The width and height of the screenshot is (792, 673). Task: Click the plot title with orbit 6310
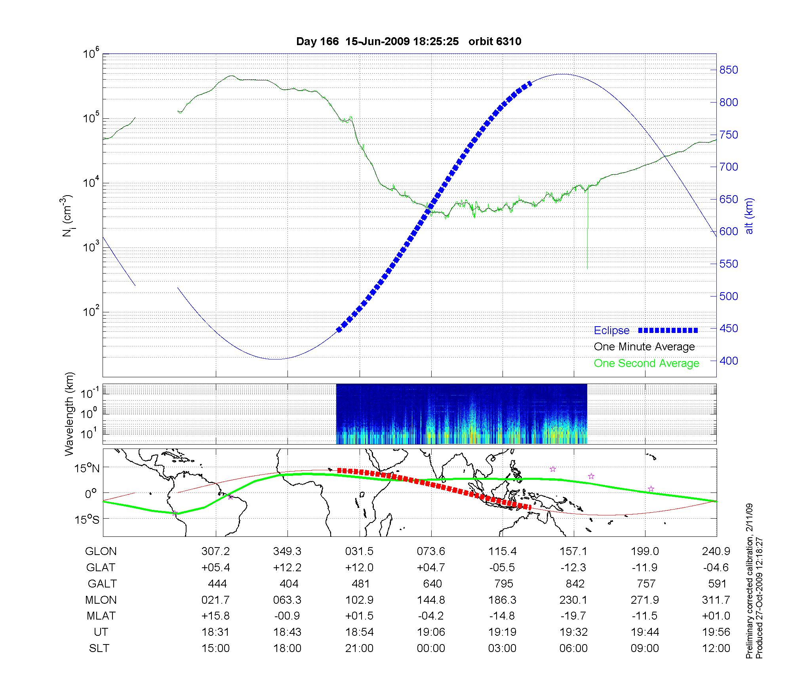(409, 41)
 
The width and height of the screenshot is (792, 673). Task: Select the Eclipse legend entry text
(611, 331)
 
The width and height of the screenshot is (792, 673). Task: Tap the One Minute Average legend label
(644, 347)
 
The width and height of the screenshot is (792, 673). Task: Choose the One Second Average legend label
(646, 363)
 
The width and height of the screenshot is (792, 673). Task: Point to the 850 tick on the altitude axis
(729, 70)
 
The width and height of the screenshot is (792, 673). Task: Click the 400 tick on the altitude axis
(729, 361)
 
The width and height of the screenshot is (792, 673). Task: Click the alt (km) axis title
(750, 216)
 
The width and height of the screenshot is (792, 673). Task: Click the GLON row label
(101, 551)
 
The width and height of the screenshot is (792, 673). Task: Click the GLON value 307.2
(215, 551)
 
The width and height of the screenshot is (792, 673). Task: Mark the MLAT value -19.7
(573, 616)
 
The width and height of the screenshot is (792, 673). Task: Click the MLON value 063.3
(287, 600)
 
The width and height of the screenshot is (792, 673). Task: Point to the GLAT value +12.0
(359, 567)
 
